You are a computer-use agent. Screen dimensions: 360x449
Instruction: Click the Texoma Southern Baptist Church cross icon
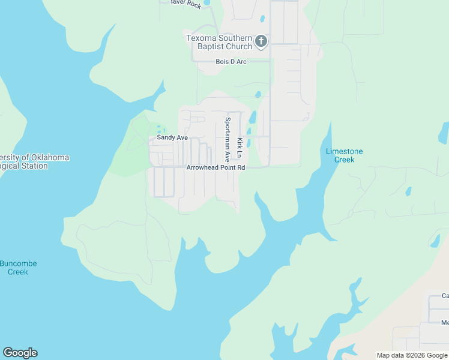tap(261, 41)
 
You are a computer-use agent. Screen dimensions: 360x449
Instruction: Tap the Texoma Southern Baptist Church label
tap(219, 42)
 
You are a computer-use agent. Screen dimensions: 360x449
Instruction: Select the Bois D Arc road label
tap(231, 62)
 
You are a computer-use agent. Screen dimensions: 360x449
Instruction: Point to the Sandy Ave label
tap(172, 138)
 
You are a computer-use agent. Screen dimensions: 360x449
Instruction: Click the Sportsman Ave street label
tap(228, 139)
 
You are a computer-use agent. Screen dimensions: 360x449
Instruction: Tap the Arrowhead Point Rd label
tap(216, 168)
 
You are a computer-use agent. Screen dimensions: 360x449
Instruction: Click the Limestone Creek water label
tap(344, 155)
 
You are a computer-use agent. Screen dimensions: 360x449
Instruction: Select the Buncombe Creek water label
tap(18, 268)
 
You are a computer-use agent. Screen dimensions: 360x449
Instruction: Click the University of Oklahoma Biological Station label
tap(33, 161)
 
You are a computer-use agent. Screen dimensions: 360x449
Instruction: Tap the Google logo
tap(20, 353)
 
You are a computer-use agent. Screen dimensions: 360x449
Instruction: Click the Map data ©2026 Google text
tap(412, 355)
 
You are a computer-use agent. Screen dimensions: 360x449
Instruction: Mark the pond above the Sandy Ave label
tap(158, 128)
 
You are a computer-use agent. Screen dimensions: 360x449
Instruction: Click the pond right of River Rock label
tap(207, 2)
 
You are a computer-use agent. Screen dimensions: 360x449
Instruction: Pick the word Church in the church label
tap(235, 46)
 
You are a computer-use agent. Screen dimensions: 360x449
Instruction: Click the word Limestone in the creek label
tap(344, 151)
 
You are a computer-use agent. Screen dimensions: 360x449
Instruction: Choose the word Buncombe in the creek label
tap(18, 263)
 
